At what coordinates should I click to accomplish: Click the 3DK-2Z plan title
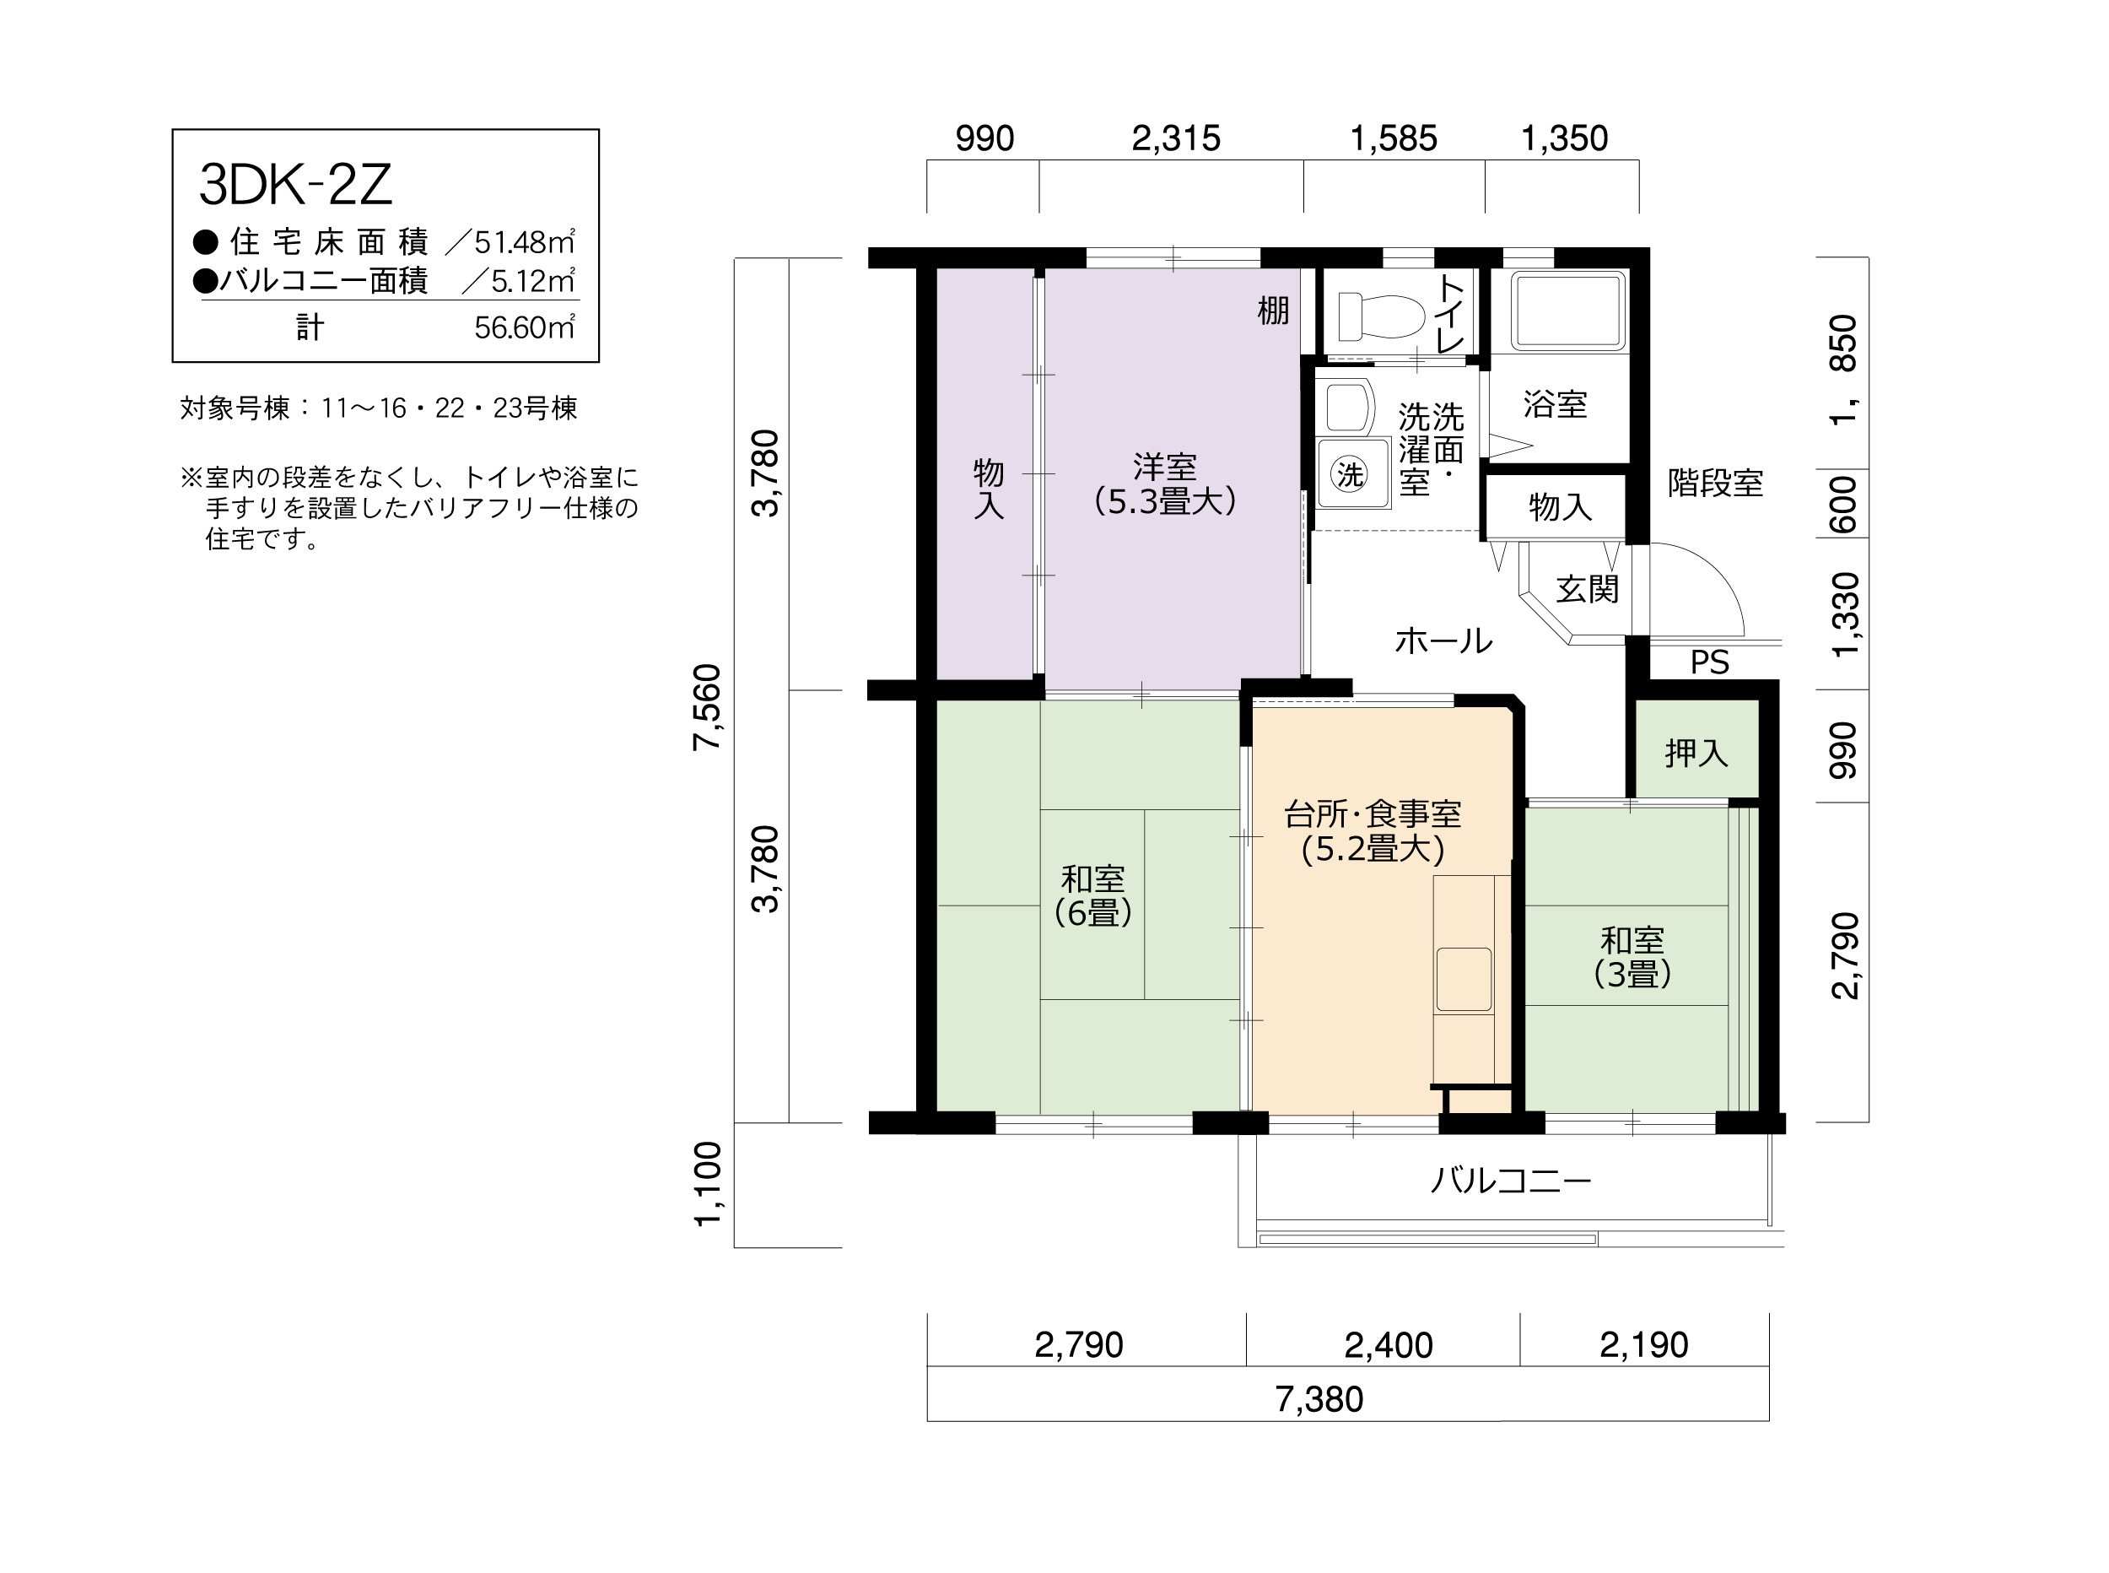tap(295, 185)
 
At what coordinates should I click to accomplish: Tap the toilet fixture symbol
tap(1380, 316)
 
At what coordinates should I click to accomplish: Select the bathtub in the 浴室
tap(1567, 311)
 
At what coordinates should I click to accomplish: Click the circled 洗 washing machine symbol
tap(1350, 474)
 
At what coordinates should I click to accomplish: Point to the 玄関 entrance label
tap(1587, 589)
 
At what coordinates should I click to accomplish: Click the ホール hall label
tap(1443, 641)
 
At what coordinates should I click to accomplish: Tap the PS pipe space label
tap(1709, 662)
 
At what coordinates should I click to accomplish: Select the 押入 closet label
tap(1696, 754)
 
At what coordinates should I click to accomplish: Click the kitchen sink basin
tap(1464, 979)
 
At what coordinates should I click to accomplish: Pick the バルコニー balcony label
tap(1510, 1181)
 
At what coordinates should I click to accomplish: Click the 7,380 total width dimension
tap(1319, 1399)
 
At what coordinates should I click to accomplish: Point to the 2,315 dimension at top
tap(1175, 139)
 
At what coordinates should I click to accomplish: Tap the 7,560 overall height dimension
tap(707, 707)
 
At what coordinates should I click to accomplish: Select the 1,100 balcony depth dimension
tap(707, 1185)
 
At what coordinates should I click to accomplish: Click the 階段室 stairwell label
tap(1715, 484)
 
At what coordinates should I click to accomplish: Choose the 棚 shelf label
tap(1273, 311)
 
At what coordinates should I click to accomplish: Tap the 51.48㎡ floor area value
tap(525, 243)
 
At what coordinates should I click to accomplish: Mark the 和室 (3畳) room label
tap(1632, 957)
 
